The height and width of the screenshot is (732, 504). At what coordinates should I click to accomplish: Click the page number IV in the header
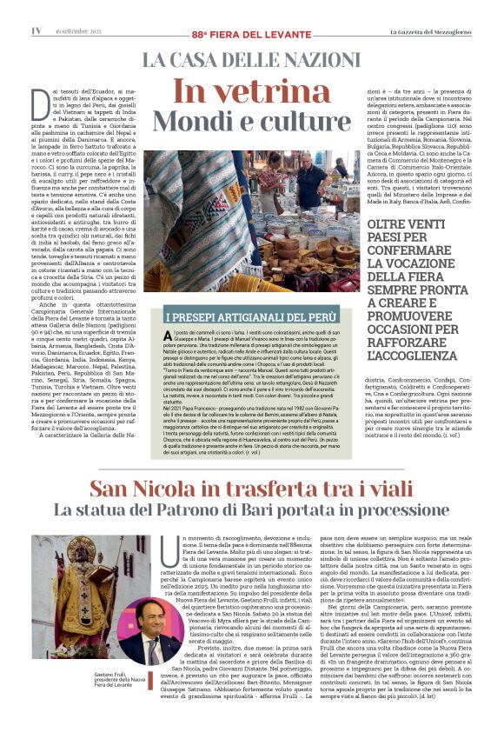pyautogui.click(x=36, y=30)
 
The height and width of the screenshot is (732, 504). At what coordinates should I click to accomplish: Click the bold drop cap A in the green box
pyautogui.click(x=167, y=335)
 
